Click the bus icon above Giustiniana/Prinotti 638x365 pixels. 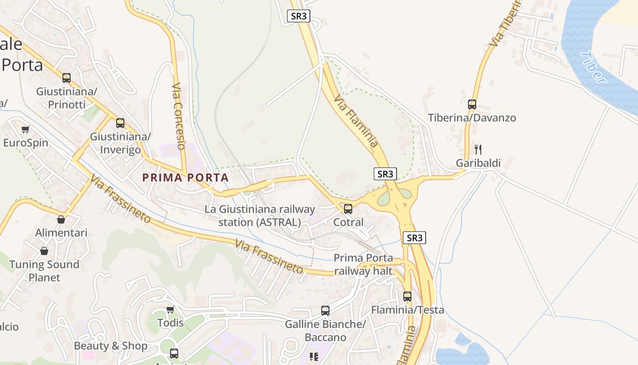click(x=67, y=78)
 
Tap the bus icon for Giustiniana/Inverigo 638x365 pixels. click(x=120, y=123)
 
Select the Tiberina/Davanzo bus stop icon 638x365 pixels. click(x=472, y=104)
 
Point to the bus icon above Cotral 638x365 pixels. click(x=348, y=209)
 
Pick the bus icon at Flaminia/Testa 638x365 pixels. click(x=407, y=296)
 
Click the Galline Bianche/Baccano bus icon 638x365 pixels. click(x=325, y=311)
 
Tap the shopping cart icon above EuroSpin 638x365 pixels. click(x=26, y=130)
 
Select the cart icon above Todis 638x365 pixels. click(x=170, y=310)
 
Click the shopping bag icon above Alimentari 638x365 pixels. click(x=61, y=219)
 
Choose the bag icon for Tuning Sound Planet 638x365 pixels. click(x=44, y=251)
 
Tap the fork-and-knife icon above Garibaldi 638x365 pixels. click(x=478, y=149)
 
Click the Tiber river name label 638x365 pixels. click(x=594, y=68)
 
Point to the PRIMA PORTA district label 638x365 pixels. click(x=185, y=177)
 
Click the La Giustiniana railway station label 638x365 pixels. click(x=260, y=216)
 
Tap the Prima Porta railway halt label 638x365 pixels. click(x=363, y=264)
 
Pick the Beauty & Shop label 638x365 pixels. click(x=111, y=346)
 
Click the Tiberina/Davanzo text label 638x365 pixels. click(x=472, y=118)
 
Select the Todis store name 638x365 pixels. click(x=170, y=323)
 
